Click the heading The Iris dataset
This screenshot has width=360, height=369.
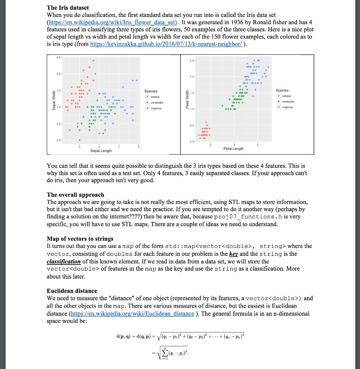point(68,8)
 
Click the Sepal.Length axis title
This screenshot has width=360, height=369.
point(101,150)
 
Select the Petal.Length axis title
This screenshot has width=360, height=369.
point(233,148)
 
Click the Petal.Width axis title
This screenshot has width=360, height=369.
point(187,100)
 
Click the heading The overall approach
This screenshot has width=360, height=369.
point(75,195)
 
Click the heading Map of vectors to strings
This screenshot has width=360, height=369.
point(80,239)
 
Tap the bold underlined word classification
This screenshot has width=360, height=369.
point(64,261)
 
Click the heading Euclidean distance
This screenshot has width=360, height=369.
point(72,291)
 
